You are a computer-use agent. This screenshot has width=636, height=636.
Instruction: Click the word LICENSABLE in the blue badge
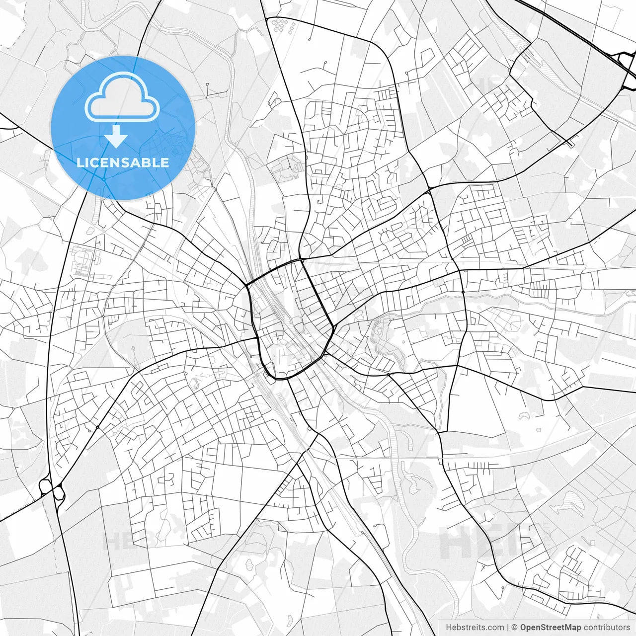pyautogui.click(x=123, y=162)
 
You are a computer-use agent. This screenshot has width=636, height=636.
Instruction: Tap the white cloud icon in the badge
pyautogui.click(x=122, y=97)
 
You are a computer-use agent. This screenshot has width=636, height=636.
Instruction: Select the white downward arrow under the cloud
pyautogui.click(x=116, y=136)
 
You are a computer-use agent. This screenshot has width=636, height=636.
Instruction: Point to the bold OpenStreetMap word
pyautogui.click(x=551, y=628)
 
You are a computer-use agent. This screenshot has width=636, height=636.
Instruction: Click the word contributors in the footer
pyautogui.click(x=607, y=628)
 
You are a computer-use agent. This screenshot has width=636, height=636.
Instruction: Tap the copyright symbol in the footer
pyautogui.click(x=515, y=628)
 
